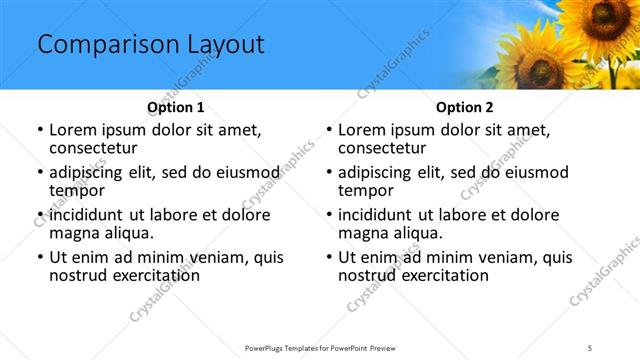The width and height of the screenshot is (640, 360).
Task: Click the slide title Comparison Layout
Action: point(150,45)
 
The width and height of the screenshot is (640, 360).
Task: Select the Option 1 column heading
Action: point(175,107)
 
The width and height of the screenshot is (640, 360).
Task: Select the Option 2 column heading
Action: point(464,107)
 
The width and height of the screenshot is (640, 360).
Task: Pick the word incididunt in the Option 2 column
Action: point(381,215)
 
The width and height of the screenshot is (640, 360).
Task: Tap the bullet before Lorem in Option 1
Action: point(39,131)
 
